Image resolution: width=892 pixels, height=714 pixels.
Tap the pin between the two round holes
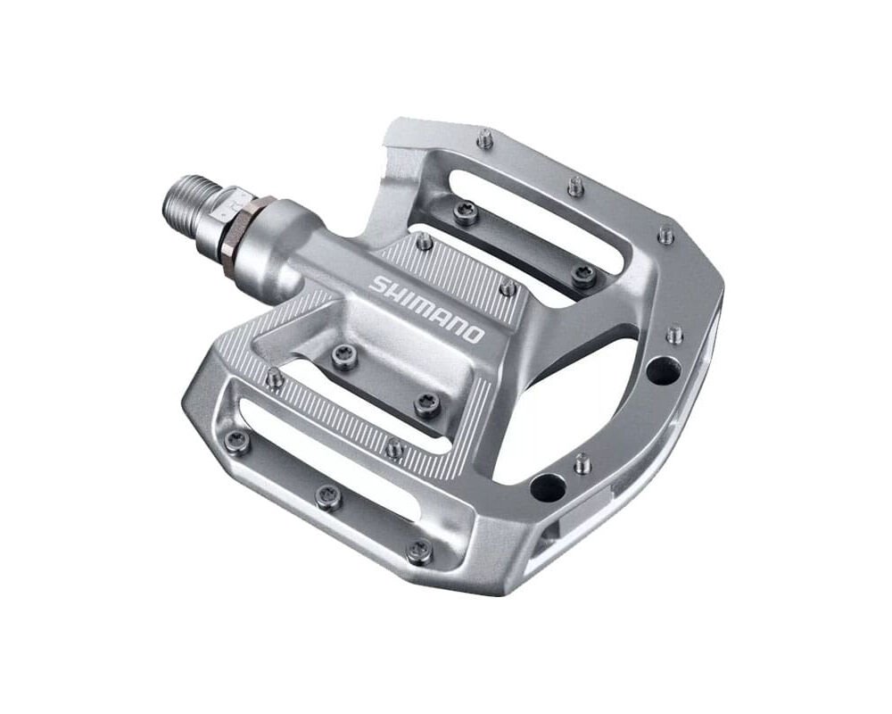(x=582, y=463)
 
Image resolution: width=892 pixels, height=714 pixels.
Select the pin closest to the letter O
(x=508, y=288)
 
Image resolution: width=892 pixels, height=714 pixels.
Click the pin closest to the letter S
(x=425, y=241)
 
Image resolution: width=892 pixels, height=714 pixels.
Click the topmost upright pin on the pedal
(x=484, y=138)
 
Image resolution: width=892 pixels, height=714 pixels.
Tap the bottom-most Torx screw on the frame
(x=417, y=551)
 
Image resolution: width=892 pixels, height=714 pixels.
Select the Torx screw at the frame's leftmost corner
(x=236, y=438)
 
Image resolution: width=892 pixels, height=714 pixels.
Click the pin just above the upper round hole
(x=675, y=334)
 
